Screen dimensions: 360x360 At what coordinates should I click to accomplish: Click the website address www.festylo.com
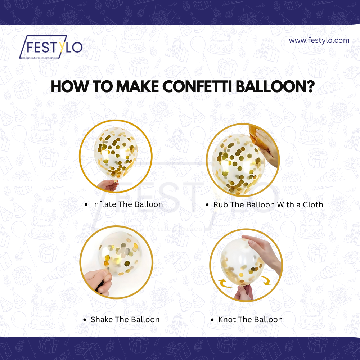point(319,40)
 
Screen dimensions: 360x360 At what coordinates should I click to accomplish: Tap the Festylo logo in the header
point(51,47)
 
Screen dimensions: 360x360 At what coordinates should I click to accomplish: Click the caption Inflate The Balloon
point(127,204)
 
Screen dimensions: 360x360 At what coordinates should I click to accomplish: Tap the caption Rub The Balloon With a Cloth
point(268,204)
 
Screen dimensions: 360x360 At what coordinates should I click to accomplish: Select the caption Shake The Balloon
point(125,319)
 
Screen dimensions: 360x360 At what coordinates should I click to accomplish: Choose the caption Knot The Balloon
point(250,319)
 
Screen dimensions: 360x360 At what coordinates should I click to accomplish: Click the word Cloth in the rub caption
point(313,204)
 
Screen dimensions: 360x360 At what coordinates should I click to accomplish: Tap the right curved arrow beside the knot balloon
point(266,280)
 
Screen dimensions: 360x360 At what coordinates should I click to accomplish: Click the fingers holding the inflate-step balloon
point(108,185)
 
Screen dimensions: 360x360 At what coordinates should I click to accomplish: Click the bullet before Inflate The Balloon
point(86,204)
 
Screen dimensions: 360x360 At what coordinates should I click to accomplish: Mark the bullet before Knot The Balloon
point(212,320)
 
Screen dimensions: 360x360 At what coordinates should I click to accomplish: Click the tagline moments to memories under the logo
point(40,58)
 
